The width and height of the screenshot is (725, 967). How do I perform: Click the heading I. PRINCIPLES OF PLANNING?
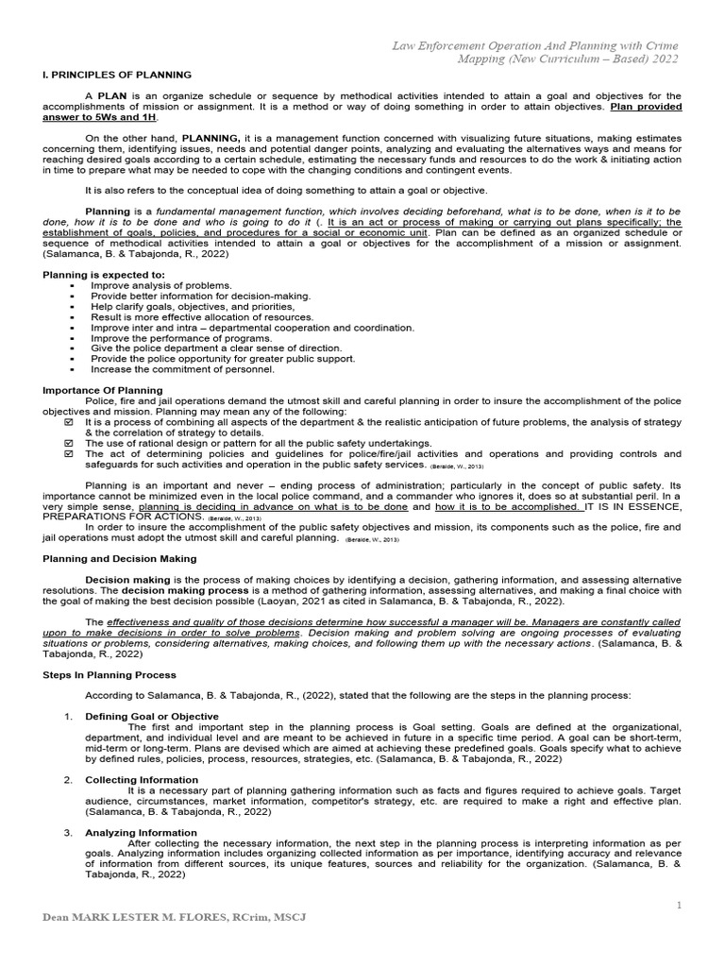click(118, 75)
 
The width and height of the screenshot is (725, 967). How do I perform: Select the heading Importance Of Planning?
click(103, 390)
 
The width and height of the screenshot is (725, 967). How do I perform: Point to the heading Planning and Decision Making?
click(120, 559)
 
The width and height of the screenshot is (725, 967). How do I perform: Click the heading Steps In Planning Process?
click(110, 675)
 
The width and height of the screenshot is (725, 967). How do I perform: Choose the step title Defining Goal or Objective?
click(152, 717)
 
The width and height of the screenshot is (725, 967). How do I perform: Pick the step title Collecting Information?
click(142, 780)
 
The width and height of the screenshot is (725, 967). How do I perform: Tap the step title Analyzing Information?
click(142, 833)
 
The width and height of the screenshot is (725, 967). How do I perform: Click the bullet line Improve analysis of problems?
click(160, 285)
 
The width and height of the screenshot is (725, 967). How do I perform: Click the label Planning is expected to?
click(104, 274)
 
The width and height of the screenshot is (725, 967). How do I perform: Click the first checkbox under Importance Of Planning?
click(68, 421)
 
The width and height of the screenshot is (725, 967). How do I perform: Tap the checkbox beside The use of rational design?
click(68, 443)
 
